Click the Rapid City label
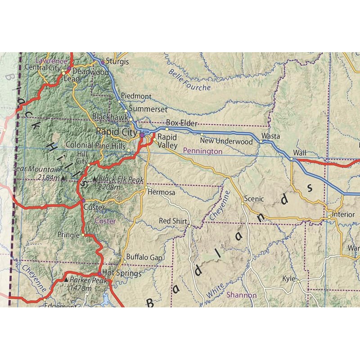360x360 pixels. point(117,132)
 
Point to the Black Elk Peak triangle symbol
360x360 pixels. point(94,179)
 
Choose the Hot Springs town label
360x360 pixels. point(122,273)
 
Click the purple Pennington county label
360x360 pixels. point(202,152)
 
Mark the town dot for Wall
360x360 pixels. point(292,158)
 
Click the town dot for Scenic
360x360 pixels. point(242,203)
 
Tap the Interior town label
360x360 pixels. point(344,215)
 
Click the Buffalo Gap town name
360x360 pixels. point(144,257)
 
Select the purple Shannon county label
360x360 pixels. point(241,295)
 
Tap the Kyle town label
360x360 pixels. point(288,279)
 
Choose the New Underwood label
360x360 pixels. point(226,141)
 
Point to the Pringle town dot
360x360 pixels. point(83,235)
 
